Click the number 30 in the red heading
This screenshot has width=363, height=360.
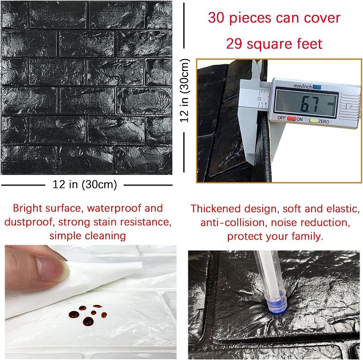216,18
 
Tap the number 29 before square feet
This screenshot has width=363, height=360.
234,44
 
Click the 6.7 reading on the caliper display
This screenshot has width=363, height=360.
310,103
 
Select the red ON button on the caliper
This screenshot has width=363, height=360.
291,119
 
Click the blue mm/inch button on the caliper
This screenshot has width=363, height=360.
317,87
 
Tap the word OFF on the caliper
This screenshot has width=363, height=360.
281,118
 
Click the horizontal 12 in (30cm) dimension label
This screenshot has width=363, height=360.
85,185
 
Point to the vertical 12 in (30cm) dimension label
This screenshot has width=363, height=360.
185,91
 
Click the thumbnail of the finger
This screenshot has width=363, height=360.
53,268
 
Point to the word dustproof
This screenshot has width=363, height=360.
29,222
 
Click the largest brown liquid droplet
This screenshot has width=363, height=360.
88,321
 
